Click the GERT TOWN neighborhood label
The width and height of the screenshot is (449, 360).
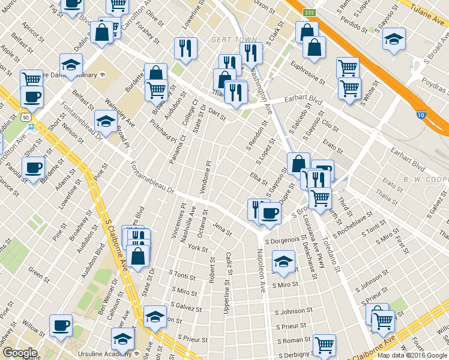click(x=226, y=40)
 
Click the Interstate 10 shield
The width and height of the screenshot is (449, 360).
click(x=420, y=115)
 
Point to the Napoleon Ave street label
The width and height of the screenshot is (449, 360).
click(x=261, y=271)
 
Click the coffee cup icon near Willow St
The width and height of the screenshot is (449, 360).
click(x=60, y=326)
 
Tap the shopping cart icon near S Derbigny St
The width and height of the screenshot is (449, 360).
click(x=324, y=344)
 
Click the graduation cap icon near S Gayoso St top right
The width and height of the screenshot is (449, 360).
click(x=393, y=40)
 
